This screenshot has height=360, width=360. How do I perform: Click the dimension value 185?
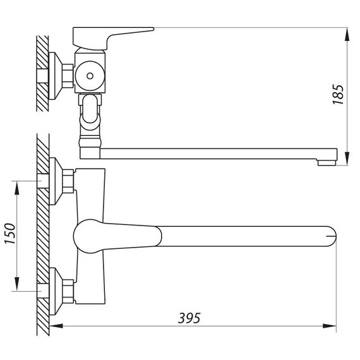[339, 95]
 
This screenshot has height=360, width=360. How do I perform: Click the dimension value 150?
[10, 233]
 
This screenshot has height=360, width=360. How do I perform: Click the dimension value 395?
[189, 318]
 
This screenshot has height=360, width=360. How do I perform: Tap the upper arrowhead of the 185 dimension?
[347, 35]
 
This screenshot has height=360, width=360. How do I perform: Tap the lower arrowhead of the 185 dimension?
[347, 158]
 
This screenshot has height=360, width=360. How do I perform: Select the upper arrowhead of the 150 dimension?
[17, 188]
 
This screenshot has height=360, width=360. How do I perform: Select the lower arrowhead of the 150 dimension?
[17, 284]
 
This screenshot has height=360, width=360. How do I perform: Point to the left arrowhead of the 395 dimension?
[56, 325]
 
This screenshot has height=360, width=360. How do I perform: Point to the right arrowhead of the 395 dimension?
[330, 325]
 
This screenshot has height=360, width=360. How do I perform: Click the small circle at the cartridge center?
[90, 76]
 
